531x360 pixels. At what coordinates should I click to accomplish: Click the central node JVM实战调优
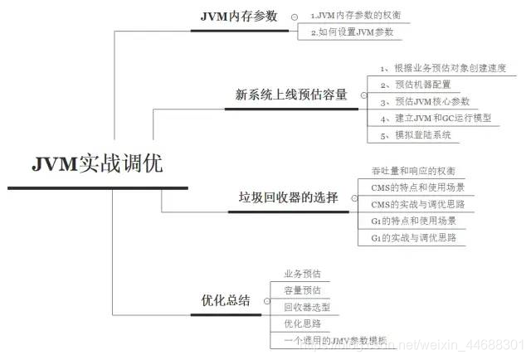point(98,163)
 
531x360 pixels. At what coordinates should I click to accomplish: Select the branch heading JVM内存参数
point(241,17)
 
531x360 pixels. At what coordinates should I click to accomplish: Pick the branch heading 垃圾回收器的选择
point(288,197)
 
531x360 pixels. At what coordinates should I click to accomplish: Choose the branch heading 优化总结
point(226,300)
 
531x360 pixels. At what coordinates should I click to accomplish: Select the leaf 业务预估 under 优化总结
point(302,274)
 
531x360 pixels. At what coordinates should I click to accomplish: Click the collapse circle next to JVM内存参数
point(295,17)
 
